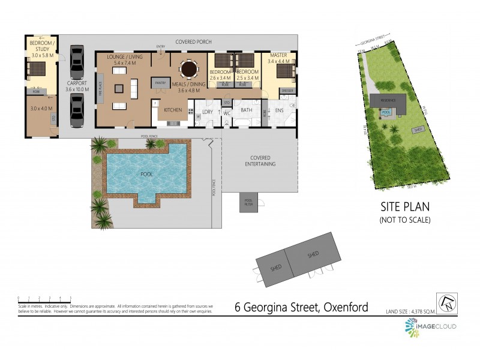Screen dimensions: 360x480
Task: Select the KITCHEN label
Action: tap(173, 110)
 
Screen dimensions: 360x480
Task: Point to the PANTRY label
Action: tap(160, 83)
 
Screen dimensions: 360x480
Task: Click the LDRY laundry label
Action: tap(208, 111)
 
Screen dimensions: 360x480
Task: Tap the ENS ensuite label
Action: tap(280, 110)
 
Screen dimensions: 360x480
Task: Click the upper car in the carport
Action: tap(77, 61)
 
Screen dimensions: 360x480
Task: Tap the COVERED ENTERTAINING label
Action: tap(259, 161)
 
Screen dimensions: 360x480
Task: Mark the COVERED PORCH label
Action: tap(193, 42)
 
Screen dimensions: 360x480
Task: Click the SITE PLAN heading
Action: tap(405, 207)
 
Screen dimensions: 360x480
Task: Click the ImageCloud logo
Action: tap(430, 326)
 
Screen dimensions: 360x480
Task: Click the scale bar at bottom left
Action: tap(45, 298)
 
